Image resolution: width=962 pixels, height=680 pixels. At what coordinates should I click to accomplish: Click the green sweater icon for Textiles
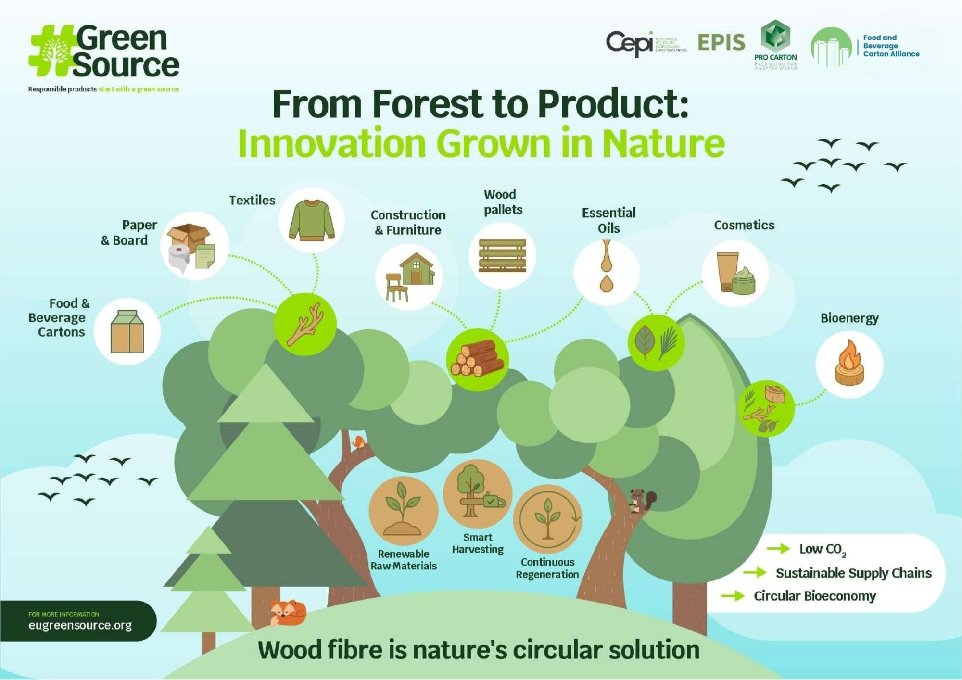pos(312,220)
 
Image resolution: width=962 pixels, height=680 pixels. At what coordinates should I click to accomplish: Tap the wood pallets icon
pos(502,255)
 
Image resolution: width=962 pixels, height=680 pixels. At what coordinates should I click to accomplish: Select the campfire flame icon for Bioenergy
pos(849,364)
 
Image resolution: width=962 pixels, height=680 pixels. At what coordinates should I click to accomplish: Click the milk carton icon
pos(127,331)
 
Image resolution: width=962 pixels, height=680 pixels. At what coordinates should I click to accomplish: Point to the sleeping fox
pos(287,612)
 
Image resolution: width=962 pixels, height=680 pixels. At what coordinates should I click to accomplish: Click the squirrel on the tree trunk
pos(640,501)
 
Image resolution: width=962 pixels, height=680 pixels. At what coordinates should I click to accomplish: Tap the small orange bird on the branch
pos(358,441)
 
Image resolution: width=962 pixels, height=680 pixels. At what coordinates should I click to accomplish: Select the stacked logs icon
pos(477,359)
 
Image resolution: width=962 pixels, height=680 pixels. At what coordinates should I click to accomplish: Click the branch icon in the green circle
pos(305,324)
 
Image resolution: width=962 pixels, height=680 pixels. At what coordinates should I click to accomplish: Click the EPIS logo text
pos(721,43)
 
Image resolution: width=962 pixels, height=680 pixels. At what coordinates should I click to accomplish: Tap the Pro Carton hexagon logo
pos(775,37)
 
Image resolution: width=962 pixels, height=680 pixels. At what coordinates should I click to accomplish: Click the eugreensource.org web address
pos(80,625)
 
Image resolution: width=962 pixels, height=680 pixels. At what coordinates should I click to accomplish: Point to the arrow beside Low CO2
pos(778,548)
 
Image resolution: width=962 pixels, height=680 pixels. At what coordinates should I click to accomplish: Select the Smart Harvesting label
pos(478,543)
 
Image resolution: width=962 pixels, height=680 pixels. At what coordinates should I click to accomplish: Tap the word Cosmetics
pos(744,225)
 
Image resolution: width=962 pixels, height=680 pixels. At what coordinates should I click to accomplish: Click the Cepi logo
pos(630,43)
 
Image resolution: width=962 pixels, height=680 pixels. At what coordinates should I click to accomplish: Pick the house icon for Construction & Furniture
pos(417,269)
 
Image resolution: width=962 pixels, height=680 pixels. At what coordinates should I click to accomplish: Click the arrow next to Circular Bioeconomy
pos(733,596)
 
